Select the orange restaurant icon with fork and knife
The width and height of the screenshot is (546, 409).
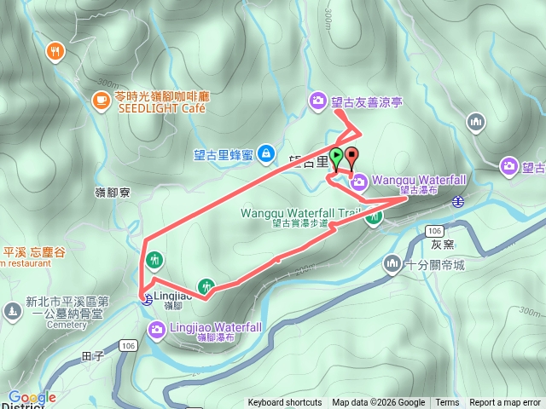click(x=55, y=51)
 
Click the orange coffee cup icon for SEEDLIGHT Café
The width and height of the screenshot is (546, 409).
click(x=101, y=101)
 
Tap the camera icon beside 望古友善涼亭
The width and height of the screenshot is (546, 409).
click(x=317, y=101)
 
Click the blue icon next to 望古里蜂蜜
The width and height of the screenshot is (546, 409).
click(x=265, y=153)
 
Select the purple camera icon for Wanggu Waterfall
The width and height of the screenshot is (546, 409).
click(x=359, y=181)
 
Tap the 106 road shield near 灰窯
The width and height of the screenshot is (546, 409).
click(x=435, y=231)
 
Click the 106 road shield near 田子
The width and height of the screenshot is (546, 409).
click(x=128, y=345)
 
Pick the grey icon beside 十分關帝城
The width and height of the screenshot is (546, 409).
click(x=392, y=263)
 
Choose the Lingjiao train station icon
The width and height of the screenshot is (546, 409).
click(x=147, y=298)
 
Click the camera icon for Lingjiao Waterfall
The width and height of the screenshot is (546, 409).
click(x=157, y=328)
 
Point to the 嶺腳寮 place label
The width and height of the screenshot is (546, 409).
click(x=112, y=193)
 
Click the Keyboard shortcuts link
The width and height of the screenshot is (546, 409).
click(x=285, y=403)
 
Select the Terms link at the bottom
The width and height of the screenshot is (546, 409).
click(x=447, y=403)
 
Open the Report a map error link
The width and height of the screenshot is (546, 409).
click(x=505, y=403)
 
